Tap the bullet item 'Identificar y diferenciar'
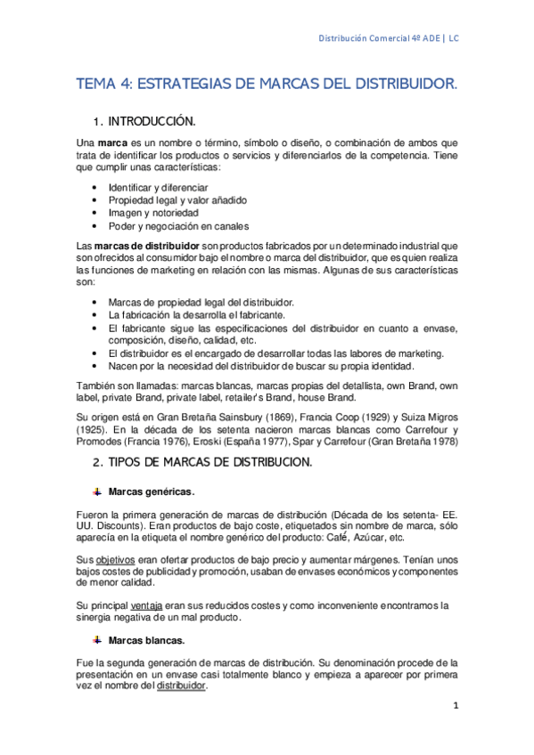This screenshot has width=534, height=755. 158,188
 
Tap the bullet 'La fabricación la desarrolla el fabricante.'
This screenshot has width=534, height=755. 195,315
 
